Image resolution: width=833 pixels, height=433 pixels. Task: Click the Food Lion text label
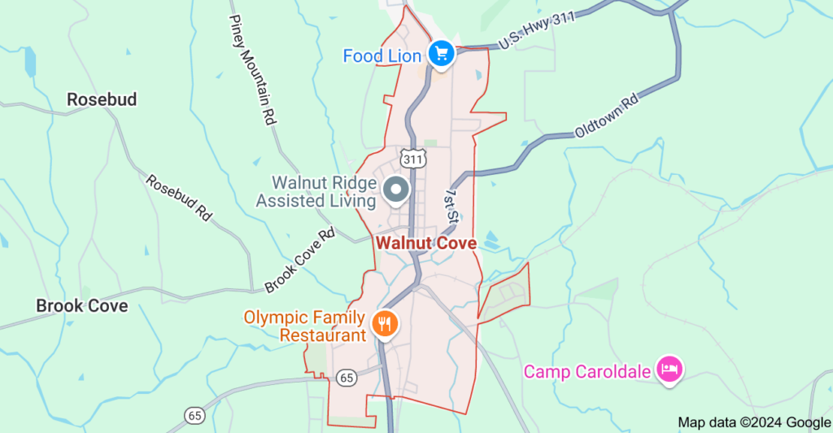[382, 56]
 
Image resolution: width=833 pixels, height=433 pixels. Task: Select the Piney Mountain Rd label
[252, 68]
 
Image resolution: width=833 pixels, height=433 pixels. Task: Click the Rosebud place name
[102, 99]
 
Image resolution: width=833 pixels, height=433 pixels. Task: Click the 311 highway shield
[411, 156]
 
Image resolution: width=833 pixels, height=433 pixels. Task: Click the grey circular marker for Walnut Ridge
[396, 190]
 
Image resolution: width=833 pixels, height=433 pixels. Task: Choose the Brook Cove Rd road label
[300, 260]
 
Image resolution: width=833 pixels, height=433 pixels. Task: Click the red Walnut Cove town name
[426, 243]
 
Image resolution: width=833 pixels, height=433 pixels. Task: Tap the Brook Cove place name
[82, 306]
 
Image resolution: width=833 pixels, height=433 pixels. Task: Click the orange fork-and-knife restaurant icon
[384, 325]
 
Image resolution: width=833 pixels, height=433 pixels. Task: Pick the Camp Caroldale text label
[587, 372]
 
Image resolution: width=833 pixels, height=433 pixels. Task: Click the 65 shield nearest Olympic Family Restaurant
[347, 377]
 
